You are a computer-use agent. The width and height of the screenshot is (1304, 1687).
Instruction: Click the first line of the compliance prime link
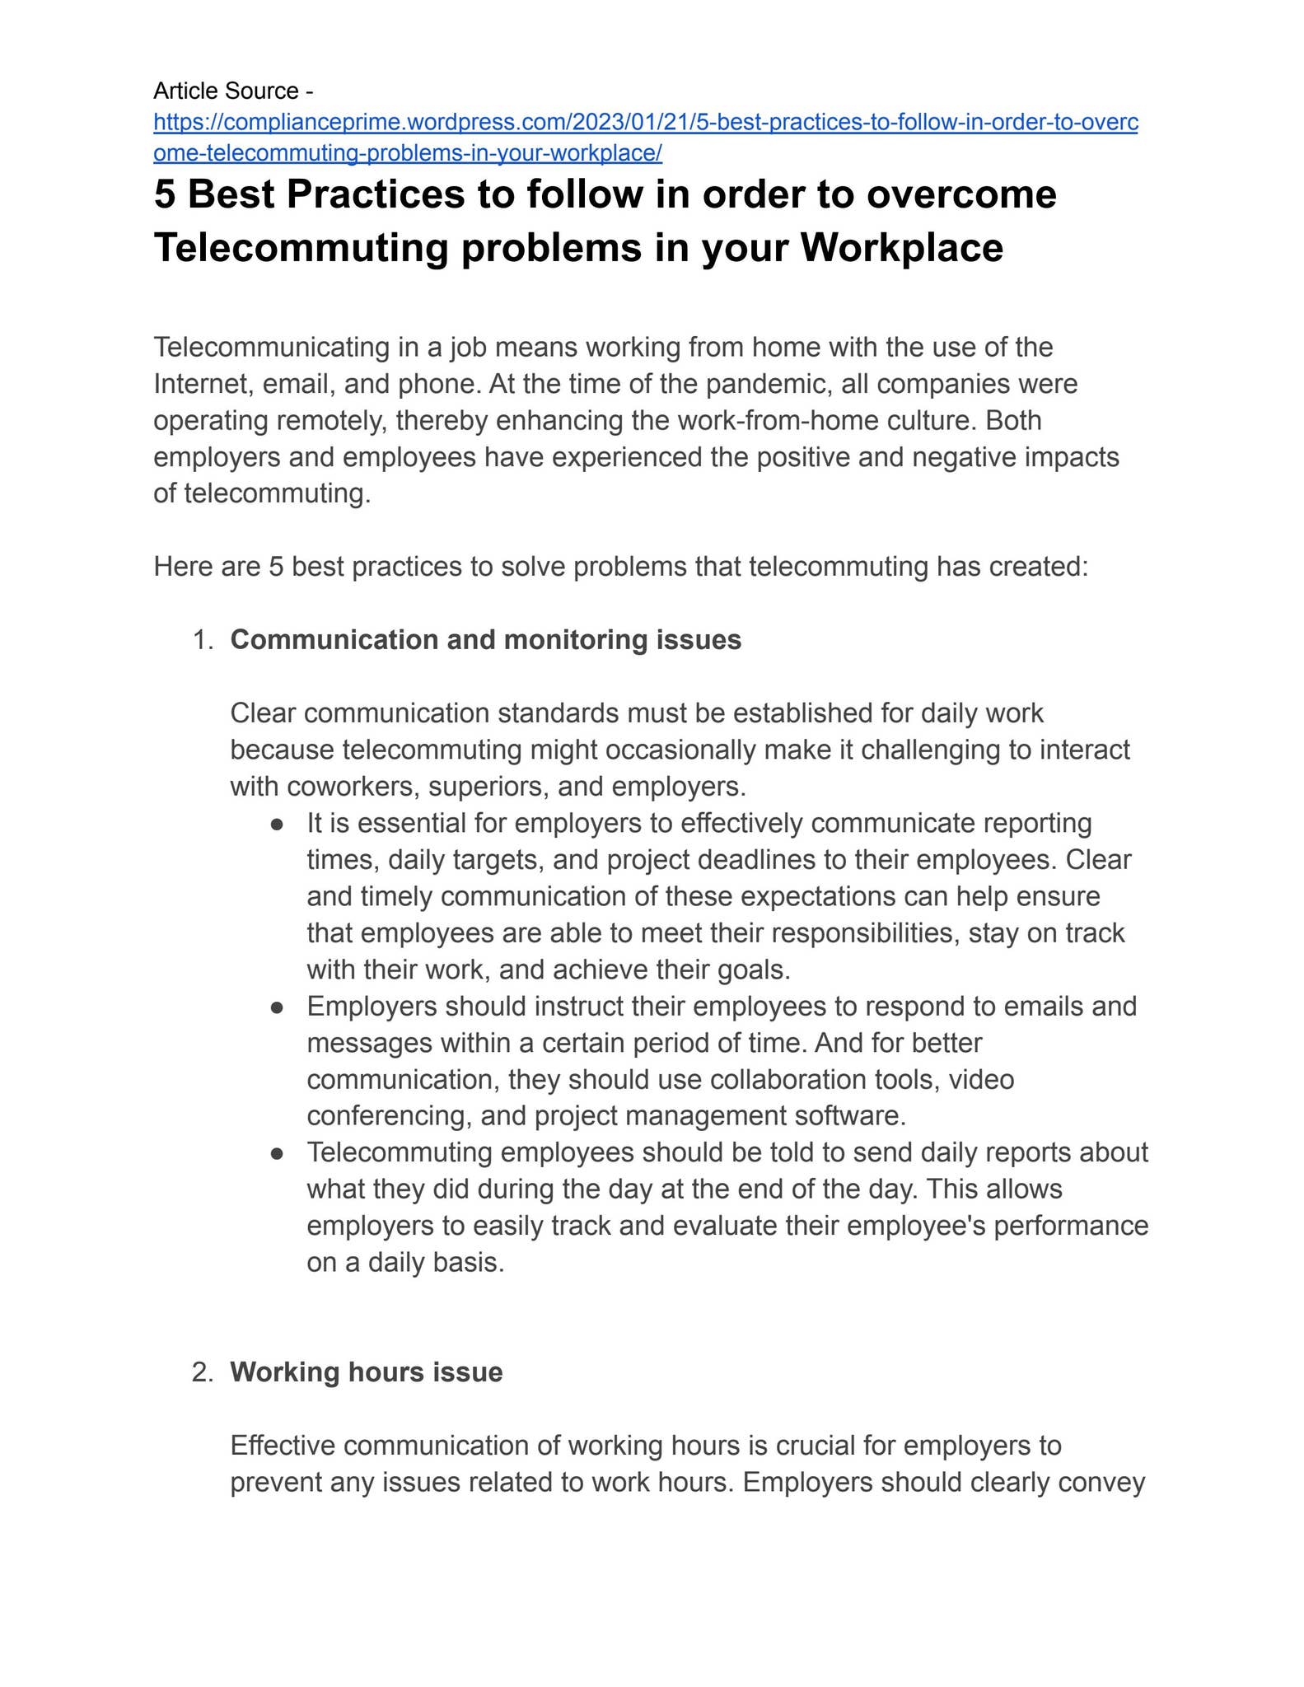pyautogui.click(x=645, y=123)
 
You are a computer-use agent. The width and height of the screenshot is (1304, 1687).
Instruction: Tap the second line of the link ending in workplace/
pyautogui.click(x=408, y=153)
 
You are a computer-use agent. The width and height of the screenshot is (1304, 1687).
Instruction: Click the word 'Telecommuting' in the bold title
pyautogui.click(x=301, y=247)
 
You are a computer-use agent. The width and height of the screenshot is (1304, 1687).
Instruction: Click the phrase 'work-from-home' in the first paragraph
pyautogui.click(x=767, y=421)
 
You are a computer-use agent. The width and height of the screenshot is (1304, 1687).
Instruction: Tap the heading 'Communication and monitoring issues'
pyautogui.click(x=485, y=640)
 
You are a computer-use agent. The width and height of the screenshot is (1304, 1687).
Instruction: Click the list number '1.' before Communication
pyautogui.click(x=203, y=640)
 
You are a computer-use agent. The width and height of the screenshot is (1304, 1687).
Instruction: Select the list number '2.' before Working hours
pyautogui.click(x=203, y=1372)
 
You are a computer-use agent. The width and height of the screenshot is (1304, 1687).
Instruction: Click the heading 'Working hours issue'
pyautogui.click(x=366, y=1372)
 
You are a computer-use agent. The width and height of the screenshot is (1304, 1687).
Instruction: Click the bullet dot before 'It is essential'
pyautogui.click(x=278, y=824)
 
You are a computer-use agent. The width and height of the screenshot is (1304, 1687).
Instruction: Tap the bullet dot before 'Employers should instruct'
pyautogui.click(x=278, y=1007)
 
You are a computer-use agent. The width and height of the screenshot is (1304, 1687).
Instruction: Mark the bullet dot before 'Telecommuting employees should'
pyautogui.click(x=278, y=1153)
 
